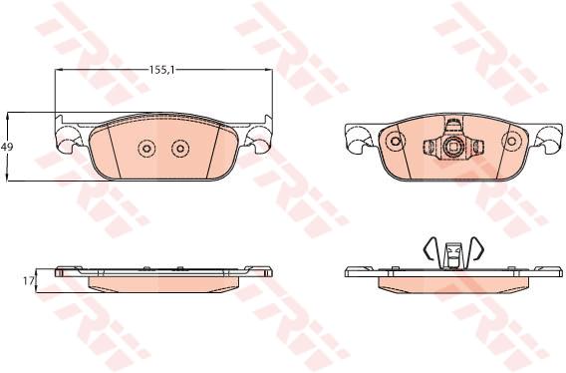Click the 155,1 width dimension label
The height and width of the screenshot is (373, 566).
click(x=162, y=70)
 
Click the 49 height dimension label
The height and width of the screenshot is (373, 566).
click(x=7, y=147)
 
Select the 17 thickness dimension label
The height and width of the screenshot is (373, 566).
click(x=28, y=280)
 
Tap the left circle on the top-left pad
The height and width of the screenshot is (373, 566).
click(x=146, y=149)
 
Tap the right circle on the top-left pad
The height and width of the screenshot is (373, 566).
click(x=180, y=149)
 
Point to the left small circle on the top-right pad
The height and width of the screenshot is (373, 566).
click(x=396, y=141)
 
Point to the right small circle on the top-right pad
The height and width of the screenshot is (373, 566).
click(x=512, y=141)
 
